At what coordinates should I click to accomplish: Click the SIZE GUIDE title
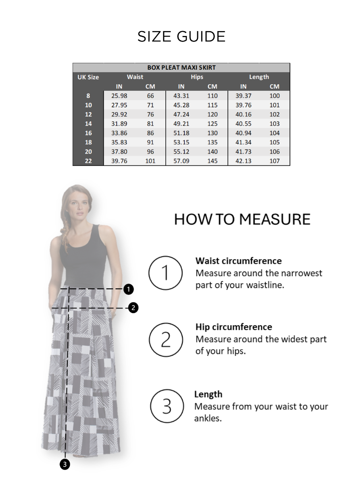pyautogui.click(x=181, y=37)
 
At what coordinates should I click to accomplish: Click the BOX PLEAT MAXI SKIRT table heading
pyautogui.click(x=181, y=67)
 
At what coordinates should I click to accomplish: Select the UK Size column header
pyautogui.click(x=88, y=77)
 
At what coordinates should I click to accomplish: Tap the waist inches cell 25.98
pyautogui.click(x=119, y=96)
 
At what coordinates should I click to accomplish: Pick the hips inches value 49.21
pyautogui.click(x=181, y=124)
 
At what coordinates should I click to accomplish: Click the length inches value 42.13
pyautogui.click(x=243, y=161)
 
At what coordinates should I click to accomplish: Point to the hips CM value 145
pyautogui.click(x=212, y=161)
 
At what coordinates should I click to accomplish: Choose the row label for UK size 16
pyautogui.click(x=88, y=133)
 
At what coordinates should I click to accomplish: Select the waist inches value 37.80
pyautogui.click(x=119, y=152)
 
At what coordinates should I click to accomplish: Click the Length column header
pyautogui.click(x=259, y=77)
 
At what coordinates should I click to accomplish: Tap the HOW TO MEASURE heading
pyautogui.click(x=242, y=219)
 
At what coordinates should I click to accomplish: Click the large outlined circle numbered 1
pyautogui.click(x=166, y=273)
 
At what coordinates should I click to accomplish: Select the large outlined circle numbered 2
pyautogui.click(x=166, y=340)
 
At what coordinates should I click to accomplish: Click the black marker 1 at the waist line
pyautogui.click(x=128, y=289)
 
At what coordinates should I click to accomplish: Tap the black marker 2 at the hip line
pyautogui.click(x=133, y=308)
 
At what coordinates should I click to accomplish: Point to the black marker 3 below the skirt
pyautogui.click(x=65, y=465)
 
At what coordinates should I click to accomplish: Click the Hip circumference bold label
pyautogui.click(x=234, y=327)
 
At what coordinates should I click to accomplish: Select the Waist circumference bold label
pyautogui.click(x=239, y=261)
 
